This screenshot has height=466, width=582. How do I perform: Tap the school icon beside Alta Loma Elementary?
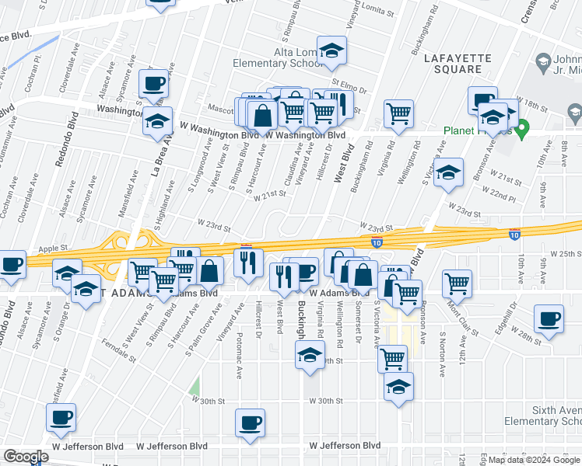pos(332,52)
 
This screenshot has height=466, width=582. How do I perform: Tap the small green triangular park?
pos(195,385)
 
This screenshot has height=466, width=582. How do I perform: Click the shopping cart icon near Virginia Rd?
pos(399,114)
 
